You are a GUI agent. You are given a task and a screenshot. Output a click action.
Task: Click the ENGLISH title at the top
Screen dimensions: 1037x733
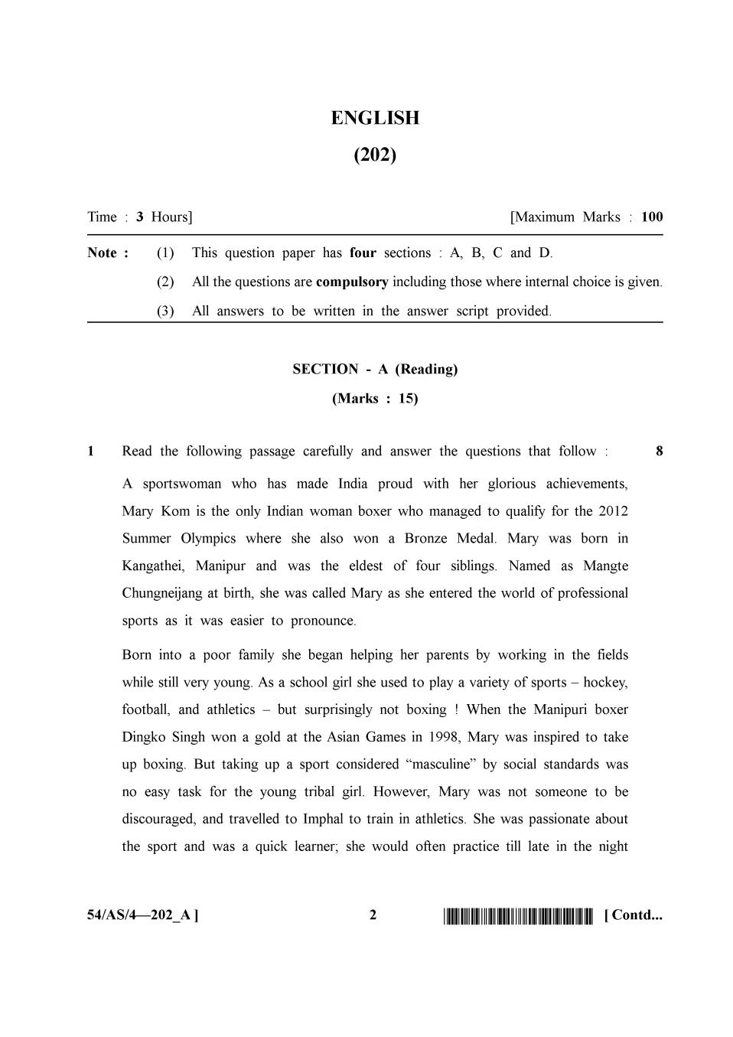(375, 118)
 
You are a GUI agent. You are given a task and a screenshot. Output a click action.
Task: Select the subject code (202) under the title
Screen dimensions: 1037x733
(375, 155)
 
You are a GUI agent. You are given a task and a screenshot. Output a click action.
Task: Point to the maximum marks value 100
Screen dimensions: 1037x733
(652, 217)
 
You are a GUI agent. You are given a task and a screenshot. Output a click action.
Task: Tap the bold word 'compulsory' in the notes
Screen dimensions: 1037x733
(352, 282)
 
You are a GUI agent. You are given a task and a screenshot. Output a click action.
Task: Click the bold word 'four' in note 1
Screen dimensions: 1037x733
(363, 253)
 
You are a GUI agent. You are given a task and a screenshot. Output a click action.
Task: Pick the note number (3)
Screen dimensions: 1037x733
(165, 311)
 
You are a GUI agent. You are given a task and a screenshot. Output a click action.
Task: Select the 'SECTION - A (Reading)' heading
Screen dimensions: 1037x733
(375, 369)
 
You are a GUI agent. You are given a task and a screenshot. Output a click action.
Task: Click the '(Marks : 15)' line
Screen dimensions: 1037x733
(375, 398)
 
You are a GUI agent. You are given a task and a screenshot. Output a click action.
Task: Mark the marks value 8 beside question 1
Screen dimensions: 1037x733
(660, 451)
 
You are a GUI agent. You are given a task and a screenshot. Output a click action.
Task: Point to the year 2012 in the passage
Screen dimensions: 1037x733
(613, 510)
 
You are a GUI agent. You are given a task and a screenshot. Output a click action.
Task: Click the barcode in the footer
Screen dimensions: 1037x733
(518, 915)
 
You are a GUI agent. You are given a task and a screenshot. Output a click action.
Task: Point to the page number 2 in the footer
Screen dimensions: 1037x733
(373, 915)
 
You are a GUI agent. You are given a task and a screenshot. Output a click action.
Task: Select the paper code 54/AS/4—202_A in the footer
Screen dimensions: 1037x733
(142, 915)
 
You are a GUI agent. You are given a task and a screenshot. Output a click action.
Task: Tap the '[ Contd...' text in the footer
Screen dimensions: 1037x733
(633, 915)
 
